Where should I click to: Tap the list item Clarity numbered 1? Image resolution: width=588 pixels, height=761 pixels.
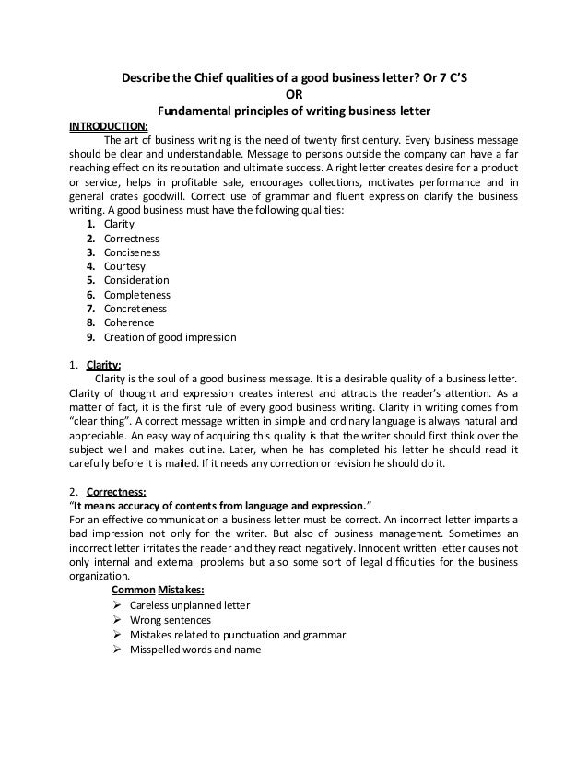[119, 224]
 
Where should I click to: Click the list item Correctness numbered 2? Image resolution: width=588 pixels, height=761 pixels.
[132, 238]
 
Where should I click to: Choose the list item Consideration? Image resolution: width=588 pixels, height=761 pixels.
[136, 280]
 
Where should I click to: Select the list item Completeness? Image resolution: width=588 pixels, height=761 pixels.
[136, 295]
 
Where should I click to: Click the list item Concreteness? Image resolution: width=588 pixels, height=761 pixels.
[135, 309]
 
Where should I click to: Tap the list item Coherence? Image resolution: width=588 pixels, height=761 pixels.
[129, 322]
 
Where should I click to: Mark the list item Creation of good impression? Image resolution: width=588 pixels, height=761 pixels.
[170, 337]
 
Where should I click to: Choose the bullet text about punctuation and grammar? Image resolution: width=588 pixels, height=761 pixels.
[239, 635]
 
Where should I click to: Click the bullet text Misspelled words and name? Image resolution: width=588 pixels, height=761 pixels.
[196, 649]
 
